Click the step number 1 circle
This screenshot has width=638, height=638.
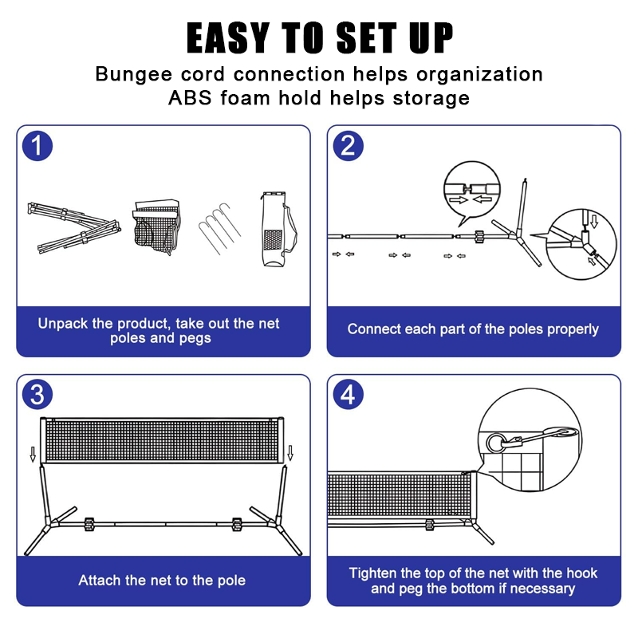tap(37, 146)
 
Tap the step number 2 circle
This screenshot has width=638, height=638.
tap(348, 146)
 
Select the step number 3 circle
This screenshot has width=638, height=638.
tap(37, 394)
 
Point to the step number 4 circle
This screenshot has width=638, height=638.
tap(348, 394)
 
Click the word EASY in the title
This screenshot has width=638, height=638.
tap(228, 37)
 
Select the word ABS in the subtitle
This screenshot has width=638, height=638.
tap(190, 98)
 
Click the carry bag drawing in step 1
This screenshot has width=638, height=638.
tap(278, 229)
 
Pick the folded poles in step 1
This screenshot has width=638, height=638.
tap(74, 228)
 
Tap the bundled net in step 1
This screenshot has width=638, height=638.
tap(156, 226)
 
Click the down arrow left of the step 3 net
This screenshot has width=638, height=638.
tap(33, 454)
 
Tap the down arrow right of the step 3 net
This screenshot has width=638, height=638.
tap(290, 453)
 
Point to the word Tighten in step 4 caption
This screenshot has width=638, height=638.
tap(372, 573)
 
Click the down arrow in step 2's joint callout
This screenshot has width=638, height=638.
tap(594, 222)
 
